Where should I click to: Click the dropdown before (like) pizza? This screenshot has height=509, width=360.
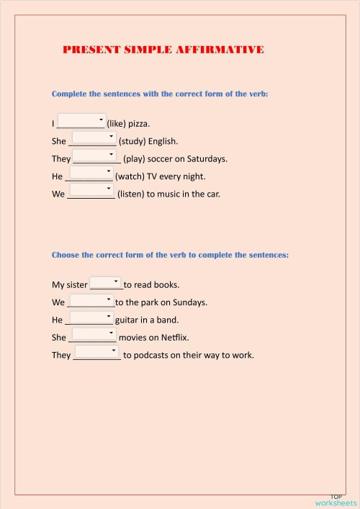(81, 120)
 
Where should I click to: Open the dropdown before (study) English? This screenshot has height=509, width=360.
(94, 138)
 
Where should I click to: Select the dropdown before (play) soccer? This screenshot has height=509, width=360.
(94, 155)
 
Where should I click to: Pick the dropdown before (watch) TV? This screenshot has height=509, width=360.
(91, 173)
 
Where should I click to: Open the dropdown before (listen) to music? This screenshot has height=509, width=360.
(91, 190)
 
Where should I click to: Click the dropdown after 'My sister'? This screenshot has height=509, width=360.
(106, 283)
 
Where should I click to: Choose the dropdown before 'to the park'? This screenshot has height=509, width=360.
(91, 300)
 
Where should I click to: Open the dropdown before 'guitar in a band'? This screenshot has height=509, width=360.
(91, 317)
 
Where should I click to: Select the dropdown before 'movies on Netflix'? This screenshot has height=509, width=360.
(94, 334)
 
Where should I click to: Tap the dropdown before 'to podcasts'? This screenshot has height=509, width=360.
(96, 351)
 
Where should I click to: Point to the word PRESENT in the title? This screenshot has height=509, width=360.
(90, 50)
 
